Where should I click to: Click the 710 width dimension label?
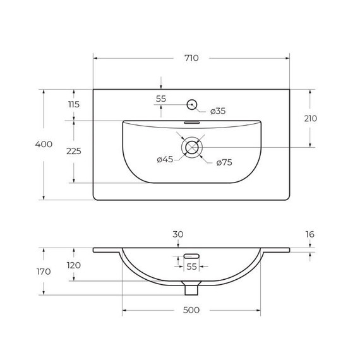(x=191, y=58)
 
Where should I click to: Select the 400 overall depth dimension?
(x=44, y=145)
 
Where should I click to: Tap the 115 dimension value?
(x=74, y=105)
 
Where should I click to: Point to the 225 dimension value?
(x=74, y=152)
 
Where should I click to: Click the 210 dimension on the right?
(x=310, y=119)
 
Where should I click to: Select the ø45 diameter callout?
(x=165, y=160)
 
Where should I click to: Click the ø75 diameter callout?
(x=224, y=162)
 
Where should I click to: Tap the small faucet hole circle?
(x=192, y=104)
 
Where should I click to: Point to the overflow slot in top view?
(x=191, y=123)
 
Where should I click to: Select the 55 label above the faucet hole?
(x=161, y=99)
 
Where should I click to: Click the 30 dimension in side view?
(x=178, y=234)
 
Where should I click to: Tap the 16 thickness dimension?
(x=309, y=234)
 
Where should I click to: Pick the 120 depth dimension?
(x=74, y=265)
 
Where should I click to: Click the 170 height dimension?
(x=44, y=272)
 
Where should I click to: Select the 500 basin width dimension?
(x=191, y=310)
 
